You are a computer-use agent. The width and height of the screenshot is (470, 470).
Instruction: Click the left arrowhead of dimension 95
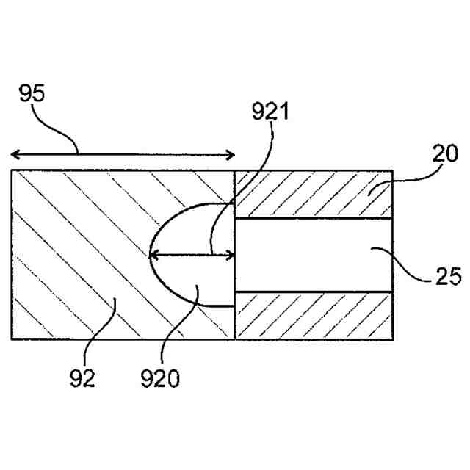15,154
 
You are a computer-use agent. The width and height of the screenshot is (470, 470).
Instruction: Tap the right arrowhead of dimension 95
231,154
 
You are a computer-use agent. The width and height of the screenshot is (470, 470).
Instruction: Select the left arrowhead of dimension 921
152,256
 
